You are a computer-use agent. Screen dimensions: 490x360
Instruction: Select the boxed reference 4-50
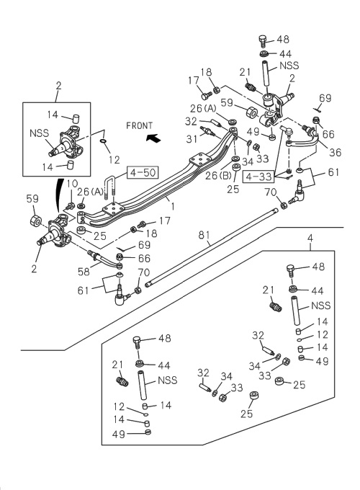point(143,172)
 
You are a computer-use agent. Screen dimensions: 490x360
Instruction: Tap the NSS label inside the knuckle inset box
point(40,133)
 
